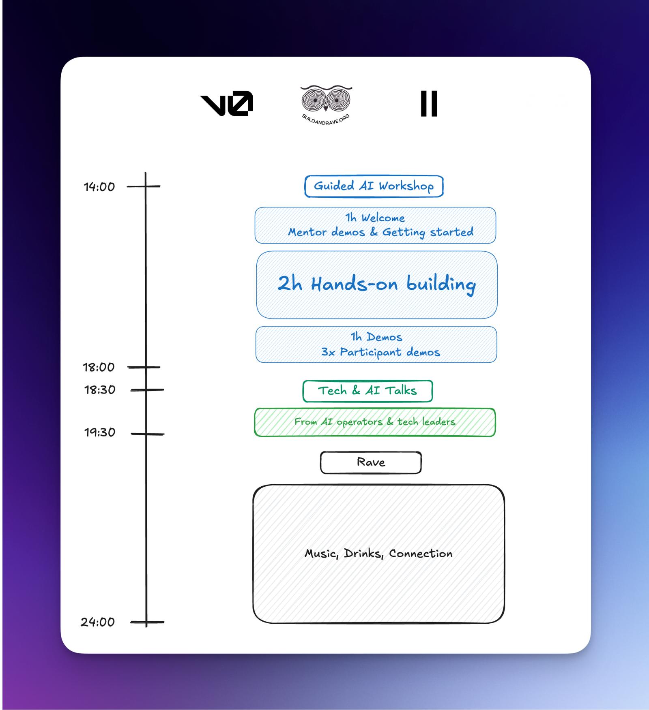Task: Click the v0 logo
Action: (x=227, y=104)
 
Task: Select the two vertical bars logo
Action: (x=429, y=103)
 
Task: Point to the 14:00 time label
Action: (x=99, y=187)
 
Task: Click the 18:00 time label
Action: (x=99, y=367)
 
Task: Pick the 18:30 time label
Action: (x=100, y=390)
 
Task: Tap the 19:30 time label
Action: (x=100, y=432)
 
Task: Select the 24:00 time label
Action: (x=98, y=622)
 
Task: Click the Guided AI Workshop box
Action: (x=374, y=186)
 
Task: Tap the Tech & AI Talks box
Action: (x=367, y=391)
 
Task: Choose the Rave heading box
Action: (x=371, y=462)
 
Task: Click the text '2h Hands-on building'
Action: (x=376, y=284)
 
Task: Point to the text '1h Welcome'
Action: (x=375, y=218)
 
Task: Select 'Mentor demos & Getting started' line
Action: (x=380, y=232)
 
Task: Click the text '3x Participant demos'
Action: (x=380, y=352)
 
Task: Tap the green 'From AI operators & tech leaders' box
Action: (x=375, y=422)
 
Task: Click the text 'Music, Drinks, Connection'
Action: (x=378, y=554)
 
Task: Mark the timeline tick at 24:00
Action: (x=147, y=622)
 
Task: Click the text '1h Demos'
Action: (x=376, y=337)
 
